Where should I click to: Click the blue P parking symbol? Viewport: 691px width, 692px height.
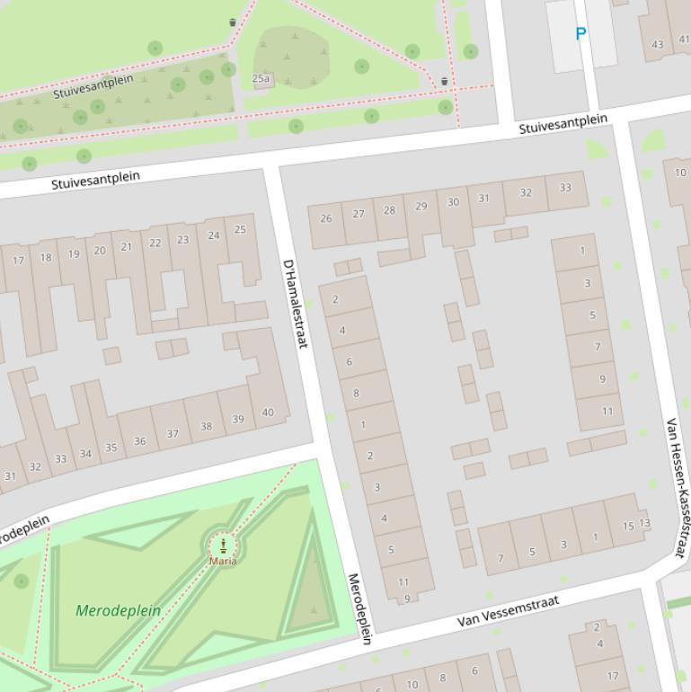click(580, 34)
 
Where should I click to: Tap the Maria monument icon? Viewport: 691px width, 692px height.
click(223, 545)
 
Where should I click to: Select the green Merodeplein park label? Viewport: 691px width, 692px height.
click(119, 610)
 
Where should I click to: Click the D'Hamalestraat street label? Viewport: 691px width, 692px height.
click(295, 304)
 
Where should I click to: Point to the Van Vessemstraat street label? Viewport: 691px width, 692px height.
click(508, 610)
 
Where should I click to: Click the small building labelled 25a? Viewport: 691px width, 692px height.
click(261, 79)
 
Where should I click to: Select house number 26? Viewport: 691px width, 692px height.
click(326, 218)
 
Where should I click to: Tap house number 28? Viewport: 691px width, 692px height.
click(389, 210)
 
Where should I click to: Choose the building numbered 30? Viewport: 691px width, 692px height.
click(453, 202)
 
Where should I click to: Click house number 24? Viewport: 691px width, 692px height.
click(214, 235)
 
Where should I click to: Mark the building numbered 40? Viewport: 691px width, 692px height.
click(267, 413)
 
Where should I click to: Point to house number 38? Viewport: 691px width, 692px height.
click(206, 427)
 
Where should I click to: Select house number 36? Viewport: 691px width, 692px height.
click(139, 441)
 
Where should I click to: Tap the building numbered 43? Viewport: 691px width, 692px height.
click(658, 44)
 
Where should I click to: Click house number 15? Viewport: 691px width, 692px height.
click(628, 527)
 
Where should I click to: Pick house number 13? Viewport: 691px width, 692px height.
click(644, 523)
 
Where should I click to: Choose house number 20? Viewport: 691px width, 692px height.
click(100, 251)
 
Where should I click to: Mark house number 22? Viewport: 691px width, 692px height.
click(155, 243)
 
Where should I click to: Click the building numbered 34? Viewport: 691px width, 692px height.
click(85, 454)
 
